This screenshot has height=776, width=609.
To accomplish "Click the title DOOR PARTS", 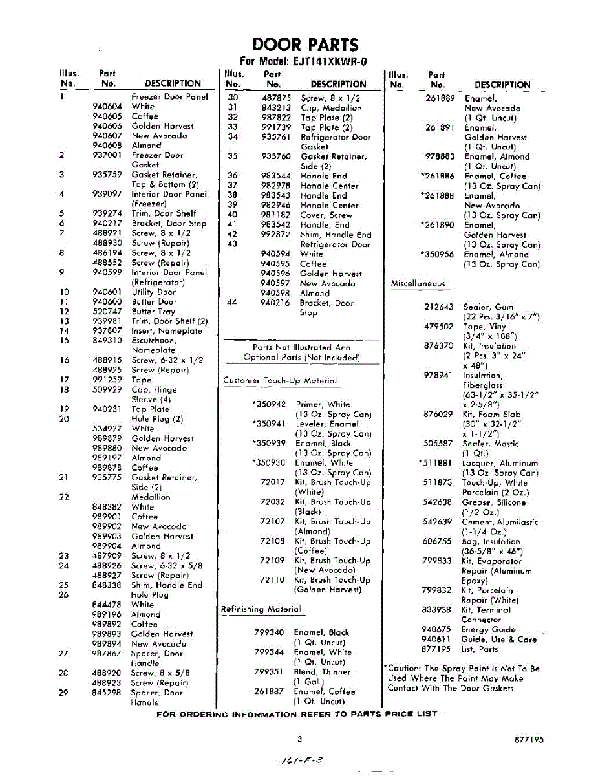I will tap(304, 45).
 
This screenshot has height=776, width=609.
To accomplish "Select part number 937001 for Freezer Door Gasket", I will tap(106, 155).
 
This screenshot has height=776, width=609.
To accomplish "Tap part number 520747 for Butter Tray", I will tap(106, 311).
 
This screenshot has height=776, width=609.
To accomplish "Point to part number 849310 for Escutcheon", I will tap(106, 340).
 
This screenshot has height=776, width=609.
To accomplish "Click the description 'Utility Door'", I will tap(153, 292).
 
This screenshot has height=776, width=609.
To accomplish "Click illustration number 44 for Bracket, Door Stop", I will tap(233, 303).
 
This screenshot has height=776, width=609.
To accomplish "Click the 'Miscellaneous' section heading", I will tap(418, 283).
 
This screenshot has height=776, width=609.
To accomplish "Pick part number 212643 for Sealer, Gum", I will tap(438, 307).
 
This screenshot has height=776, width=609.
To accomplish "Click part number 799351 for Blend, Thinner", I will tap(269, 671).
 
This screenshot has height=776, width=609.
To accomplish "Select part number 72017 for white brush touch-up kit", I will tap(272, 482).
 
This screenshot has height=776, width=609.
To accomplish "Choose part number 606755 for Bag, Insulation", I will tap(438, 541).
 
